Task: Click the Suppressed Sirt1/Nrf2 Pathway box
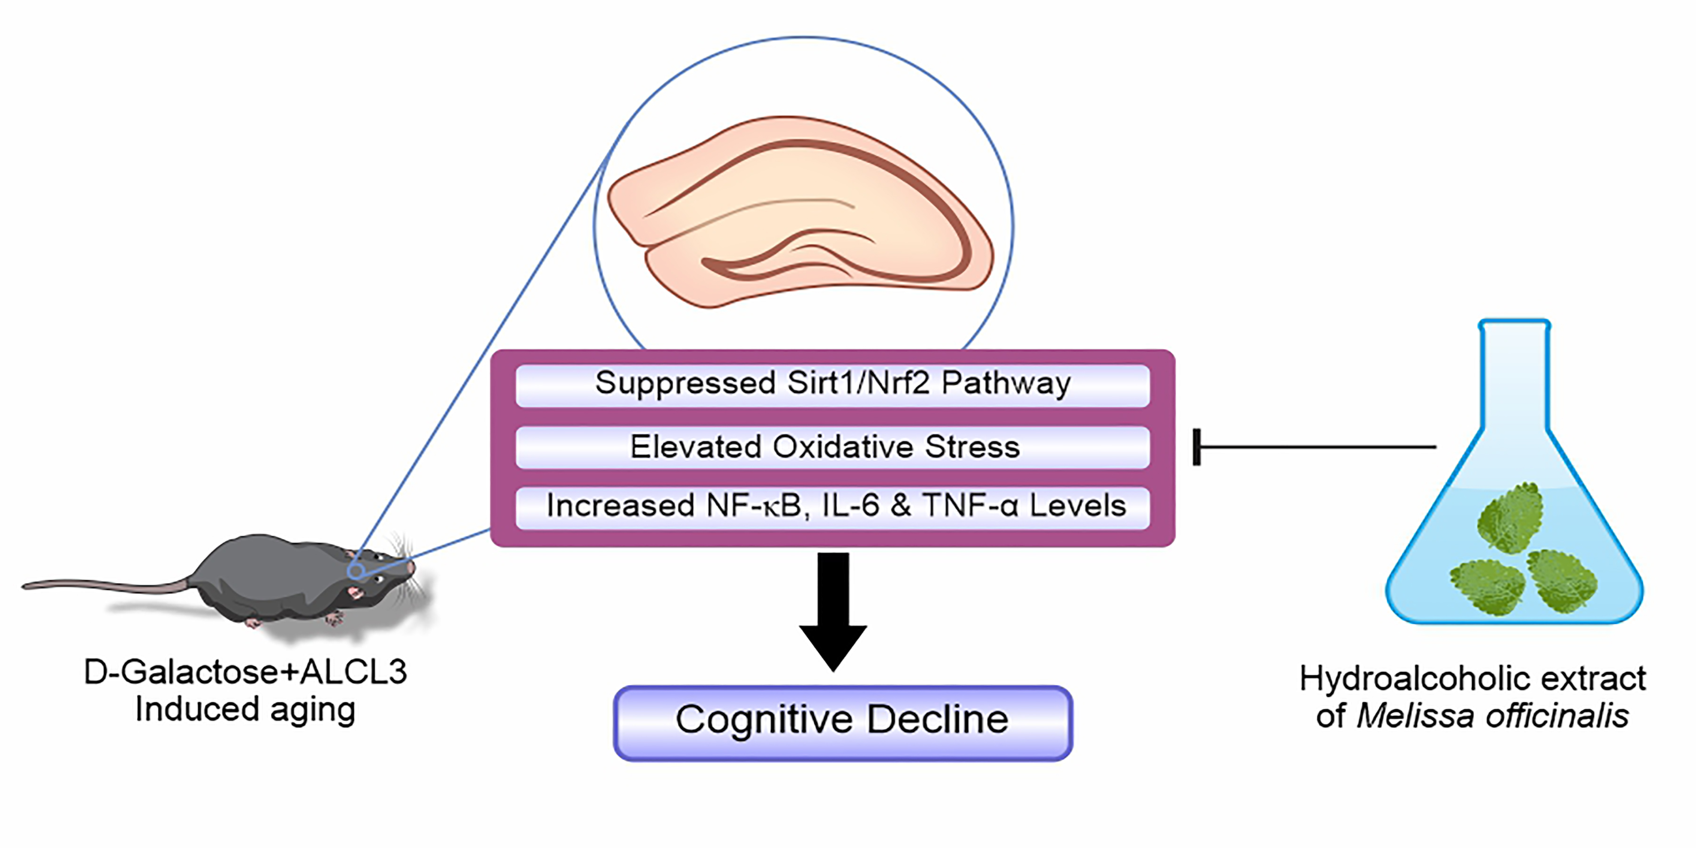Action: point(832,384)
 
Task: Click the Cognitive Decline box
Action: point(843,722)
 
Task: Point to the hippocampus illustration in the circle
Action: point(800,211)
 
